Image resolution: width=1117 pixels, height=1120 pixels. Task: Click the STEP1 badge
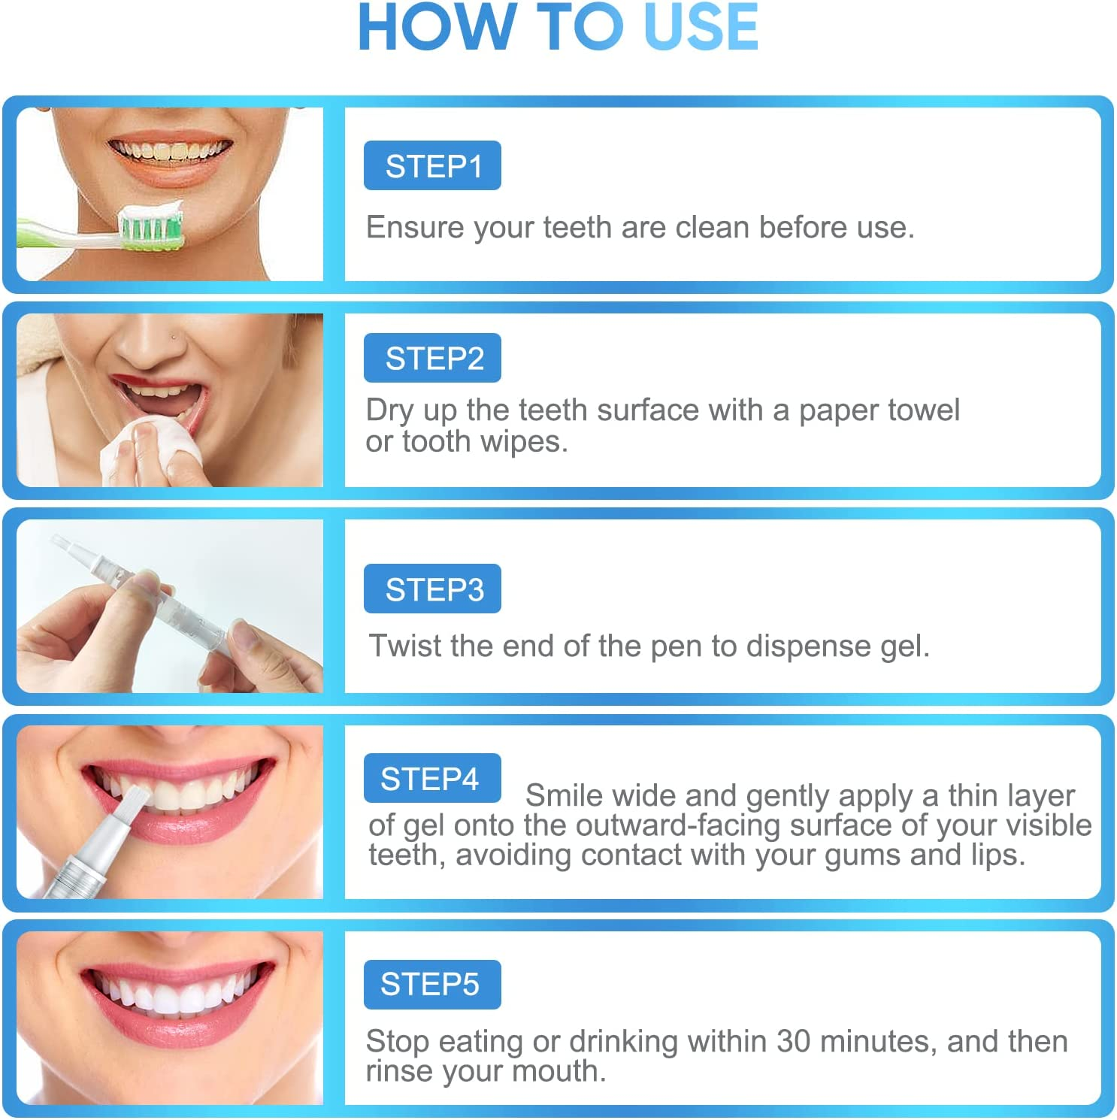click(x=432, y=165)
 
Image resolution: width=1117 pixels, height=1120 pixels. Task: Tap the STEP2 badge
click(x=432, y=358)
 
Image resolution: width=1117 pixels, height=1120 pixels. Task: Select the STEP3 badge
click(x=432, y=589)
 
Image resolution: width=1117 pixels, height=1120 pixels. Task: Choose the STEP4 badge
click(x=432, y=778)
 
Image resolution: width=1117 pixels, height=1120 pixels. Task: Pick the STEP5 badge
click(x=432, y=984)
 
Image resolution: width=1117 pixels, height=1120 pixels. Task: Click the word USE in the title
click(x=701, y=27)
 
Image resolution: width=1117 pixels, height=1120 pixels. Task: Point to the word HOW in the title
click(x=435, y=27)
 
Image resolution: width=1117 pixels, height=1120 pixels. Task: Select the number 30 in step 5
click(x=793, y=1042)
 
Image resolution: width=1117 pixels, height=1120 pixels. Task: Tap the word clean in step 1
click(x=713, y=227)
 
